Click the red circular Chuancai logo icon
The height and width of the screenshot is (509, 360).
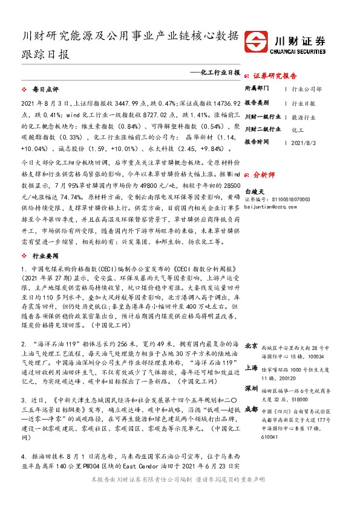coord(259,42)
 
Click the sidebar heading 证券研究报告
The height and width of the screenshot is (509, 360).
coord(275,76)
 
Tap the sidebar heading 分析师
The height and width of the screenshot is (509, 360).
coord(264,172)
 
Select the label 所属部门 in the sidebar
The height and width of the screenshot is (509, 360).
coord(258,89)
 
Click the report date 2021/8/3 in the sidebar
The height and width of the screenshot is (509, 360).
coord(305,142)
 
